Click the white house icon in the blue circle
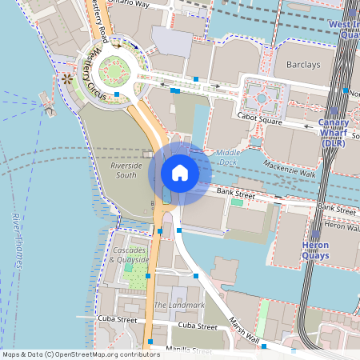coord(180,173)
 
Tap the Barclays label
coord(301,65)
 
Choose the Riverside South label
coord(126,170)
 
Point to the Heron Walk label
coord(342,227)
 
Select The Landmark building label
coord(178,306)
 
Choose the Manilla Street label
coord(192,351)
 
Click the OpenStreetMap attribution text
coord(80,354)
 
